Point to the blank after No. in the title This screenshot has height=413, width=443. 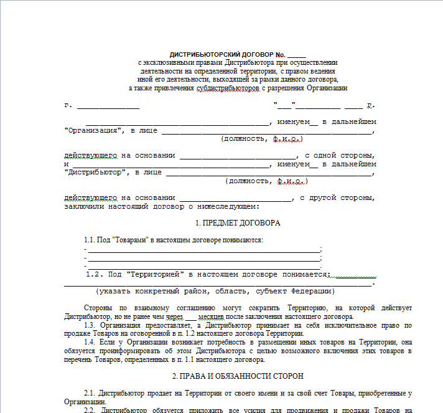pos(296,56)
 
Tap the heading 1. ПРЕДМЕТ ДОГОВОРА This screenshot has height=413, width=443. pos(238,222)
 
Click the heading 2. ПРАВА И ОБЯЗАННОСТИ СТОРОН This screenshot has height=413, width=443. pos(238,376)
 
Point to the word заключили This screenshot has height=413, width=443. pos(84,206)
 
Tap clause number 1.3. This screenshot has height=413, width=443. pos(91,325)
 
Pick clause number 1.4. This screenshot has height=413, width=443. pos(91,342)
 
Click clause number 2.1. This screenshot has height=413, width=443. pos(91,394)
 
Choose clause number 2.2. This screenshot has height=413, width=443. pos(91,411)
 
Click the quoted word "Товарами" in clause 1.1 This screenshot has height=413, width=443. pos(133,240)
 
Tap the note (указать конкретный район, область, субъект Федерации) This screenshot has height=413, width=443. pos(215,291)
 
